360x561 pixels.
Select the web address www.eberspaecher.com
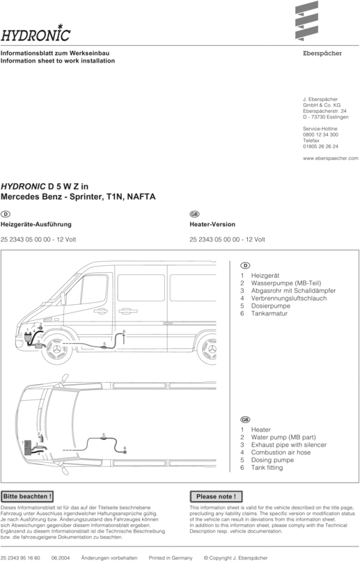[x=330, y=159]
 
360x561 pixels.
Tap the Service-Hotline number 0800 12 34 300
[x=320, y=134]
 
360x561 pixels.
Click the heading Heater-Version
[x=212, y=225]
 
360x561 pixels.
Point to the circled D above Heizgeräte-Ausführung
[x=6, y=213]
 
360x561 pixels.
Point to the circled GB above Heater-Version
[x=194, y=213]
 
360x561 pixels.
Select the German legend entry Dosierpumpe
[x=270, y=306]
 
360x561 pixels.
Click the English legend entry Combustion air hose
[x=281, y=452]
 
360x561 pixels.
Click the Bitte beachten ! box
[x=27, y=496]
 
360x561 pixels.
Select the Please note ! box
[x=216, y=496]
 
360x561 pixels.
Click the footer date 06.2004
[x=60, y=558]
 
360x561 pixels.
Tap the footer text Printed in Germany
[x=170, y=558]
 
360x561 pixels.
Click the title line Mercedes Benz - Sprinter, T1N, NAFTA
[x=78, y=197]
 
